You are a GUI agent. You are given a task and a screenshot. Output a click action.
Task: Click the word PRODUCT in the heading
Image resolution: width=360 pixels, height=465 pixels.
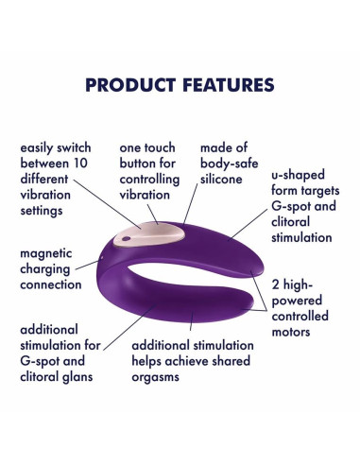[131, 86]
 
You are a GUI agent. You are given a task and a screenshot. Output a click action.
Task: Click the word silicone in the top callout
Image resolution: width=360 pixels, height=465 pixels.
[222, 179]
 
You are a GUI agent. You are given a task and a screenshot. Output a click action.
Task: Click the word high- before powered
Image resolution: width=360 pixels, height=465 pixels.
[300, 284]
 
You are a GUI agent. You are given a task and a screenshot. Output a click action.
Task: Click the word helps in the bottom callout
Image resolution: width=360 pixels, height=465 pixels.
[151, 361]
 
